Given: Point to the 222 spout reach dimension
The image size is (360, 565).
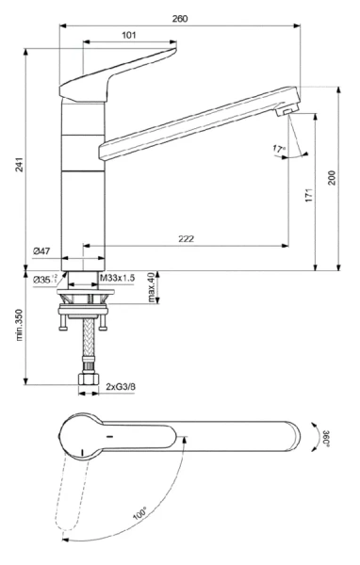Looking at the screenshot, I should (186, 239).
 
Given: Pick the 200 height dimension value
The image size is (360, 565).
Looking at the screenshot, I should (331, 178).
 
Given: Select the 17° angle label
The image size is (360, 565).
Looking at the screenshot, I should (278, 148).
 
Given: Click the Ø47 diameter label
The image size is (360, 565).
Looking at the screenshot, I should (41, 251).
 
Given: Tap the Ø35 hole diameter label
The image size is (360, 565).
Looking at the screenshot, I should (44, 279).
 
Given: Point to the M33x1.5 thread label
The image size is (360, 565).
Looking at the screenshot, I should (117, 279).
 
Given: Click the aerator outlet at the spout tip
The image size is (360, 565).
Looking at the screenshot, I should (284, 114).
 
